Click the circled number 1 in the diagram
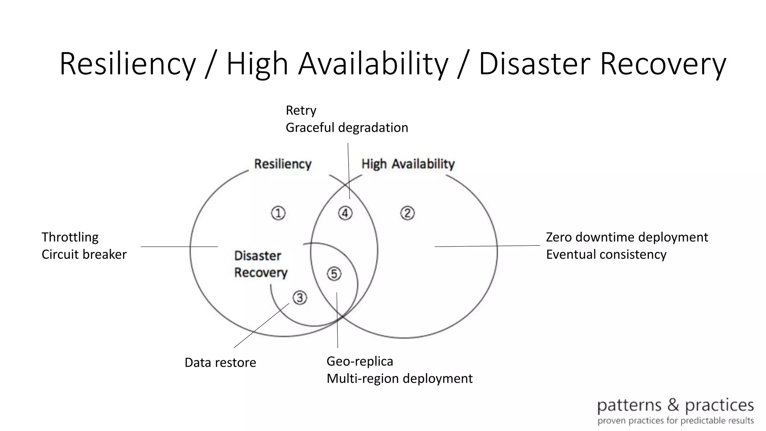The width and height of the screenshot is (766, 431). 278,213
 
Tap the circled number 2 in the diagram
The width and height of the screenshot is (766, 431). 407,213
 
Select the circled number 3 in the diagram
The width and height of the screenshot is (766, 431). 300,298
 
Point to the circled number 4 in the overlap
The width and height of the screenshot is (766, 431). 345,213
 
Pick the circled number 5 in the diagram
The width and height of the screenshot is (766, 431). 334,274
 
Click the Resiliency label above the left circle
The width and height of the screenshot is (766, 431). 283,164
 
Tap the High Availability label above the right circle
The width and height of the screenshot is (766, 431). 408,164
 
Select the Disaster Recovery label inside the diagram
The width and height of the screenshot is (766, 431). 261,264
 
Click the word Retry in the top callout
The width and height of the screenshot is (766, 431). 301,111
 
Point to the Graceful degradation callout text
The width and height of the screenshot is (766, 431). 347,128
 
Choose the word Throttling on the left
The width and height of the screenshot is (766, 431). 70,237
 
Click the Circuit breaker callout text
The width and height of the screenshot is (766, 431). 84,254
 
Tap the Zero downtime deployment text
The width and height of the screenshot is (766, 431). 627,237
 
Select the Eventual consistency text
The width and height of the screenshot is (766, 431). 606,254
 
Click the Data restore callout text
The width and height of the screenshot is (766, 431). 220,363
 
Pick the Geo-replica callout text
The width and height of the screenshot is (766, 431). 360,361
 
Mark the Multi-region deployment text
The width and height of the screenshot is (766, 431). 399,379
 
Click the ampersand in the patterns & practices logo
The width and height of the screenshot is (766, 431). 673,405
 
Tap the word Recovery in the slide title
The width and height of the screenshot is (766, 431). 663,64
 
